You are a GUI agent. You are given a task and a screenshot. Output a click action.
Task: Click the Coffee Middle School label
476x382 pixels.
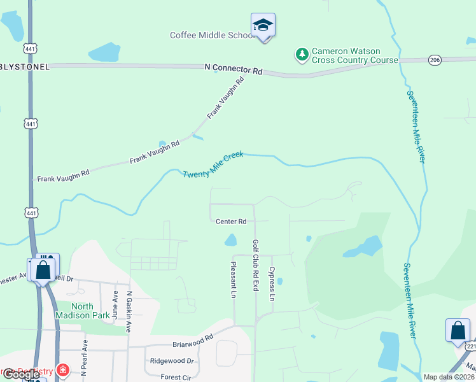click(213, 35)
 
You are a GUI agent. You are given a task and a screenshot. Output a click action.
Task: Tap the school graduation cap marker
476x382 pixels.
click(263, 26)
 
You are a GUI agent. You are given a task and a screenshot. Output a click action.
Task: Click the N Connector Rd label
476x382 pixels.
click(234, 67)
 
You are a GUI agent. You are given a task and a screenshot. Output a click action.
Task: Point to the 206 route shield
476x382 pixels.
click(435, 59)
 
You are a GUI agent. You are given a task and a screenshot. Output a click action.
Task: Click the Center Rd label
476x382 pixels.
click(230, 222)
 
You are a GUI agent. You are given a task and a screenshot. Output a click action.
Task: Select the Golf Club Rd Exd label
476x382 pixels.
click(256, 265)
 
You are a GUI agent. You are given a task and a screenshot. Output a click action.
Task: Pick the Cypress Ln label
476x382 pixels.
click(272, 283)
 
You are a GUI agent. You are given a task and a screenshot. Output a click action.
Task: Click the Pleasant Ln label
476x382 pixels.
click(234, 280)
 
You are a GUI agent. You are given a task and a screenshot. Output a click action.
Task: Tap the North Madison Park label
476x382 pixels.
click(83, 310)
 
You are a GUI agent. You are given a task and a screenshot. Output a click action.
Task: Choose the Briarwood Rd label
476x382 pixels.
click(192, 343)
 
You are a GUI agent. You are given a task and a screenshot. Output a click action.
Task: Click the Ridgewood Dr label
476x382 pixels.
click(171, 360)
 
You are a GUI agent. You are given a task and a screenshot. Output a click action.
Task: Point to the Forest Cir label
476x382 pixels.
click(176, 377)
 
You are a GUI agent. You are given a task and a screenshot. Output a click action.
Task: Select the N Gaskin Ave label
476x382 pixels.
click(129, 312)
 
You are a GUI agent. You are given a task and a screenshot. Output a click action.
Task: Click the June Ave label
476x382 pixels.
click(115, 305)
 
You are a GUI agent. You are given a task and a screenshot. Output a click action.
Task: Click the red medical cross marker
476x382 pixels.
click(62, 370)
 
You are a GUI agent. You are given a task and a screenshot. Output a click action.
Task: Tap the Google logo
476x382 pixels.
click(21, 374)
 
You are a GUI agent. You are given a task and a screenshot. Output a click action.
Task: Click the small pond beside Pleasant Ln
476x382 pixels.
click(230, 240)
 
